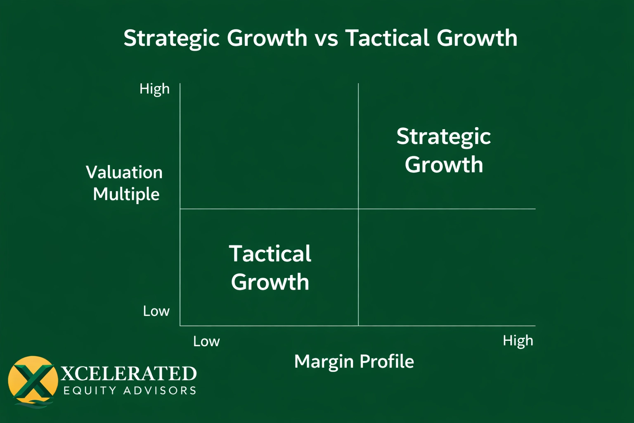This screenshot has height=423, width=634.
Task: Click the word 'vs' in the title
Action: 326,38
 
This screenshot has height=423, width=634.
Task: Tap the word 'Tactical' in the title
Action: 387,38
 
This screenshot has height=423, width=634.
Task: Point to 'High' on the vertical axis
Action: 154,89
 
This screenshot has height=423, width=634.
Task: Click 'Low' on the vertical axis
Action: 156,311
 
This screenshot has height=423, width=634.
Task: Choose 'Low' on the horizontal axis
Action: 206,342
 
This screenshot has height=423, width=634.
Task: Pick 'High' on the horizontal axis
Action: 518,341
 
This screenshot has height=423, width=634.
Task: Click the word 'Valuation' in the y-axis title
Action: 124,172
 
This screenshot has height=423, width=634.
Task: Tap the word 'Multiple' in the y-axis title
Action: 126,194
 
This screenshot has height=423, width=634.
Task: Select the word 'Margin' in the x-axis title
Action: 324,361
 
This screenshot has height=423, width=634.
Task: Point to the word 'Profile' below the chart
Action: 387,361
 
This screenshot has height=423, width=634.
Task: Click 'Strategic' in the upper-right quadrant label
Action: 443,136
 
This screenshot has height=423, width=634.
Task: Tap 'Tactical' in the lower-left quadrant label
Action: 270,254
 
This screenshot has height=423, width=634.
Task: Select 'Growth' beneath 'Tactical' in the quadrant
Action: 270,282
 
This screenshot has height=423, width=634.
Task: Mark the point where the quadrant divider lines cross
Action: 358,209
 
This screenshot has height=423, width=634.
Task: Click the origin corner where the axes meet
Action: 180,326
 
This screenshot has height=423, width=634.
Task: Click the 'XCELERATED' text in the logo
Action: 129,374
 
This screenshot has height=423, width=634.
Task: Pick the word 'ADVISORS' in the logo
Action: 160,391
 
